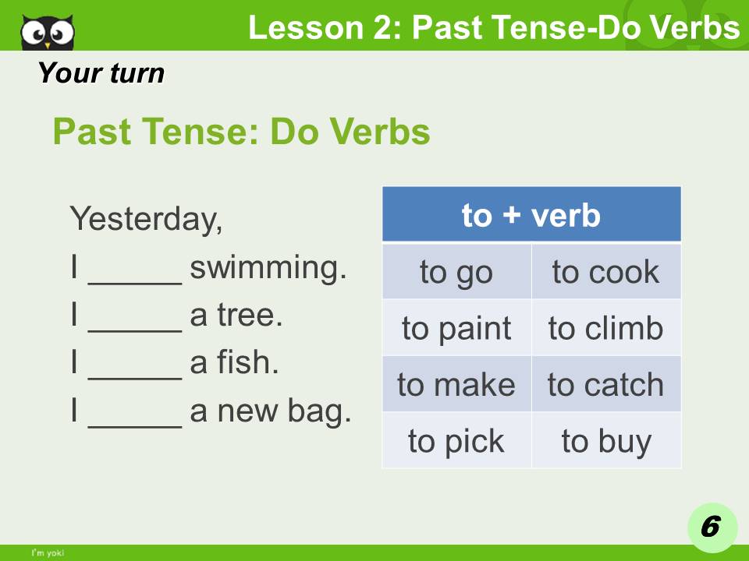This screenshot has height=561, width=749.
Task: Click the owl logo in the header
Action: [48, 31]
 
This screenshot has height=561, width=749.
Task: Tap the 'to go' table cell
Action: [456, 272]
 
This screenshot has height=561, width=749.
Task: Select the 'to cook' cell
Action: [605, 272]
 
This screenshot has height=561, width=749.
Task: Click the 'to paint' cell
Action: [456, 328]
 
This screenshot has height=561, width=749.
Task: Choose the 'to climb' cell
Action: [605, 328]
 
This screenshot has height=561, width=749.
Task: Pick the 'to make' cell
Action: [456, 384]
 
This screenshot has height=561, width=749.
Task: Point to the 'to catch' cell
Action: [605, 384]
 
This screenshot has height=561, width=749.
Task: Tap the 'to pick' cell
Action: [456, 441]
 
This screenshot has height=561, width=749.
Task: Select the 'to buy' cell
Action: [605, 441]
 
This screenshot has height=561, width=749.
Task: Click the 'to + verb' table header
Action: [531, 214]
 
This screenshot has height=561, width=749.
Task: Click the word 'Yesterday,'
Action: [146, 220]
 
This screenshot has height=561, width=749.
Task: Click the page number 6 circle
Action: [709, 527]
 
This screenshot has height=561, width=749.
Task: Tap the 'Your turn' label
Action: [101, 73]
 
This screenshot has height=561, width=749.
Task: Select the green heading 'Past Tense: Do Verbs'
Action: [241, 132]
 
